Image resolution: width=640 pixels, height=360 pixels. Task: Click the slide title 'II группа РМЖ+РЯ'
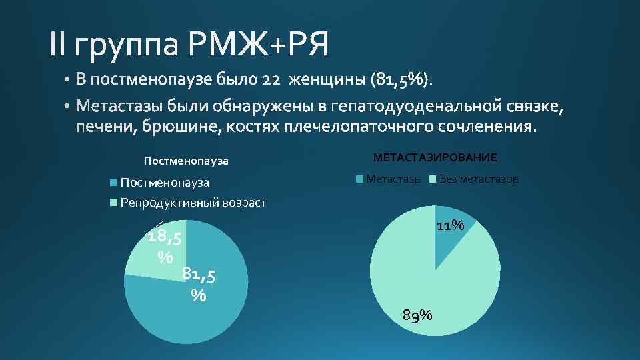pos(189,45)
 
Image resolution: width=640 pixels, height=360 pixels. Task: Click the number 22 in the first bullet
pos(274,80)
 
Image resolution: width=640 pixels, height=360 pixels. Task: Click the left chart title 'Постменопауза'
pos(186,161)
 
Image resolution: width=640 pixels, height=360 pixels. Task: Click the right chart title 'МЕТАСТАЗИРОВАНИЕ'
pos(435,158)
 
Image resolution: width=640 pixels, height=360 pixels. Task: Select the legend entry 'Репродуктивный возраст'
pos(192,203)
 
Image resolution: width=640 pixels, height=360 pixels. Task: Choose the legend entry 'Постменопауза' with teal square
pos(165,183)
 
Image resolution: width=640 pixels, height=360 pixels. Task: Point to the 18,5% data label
pos(166,245)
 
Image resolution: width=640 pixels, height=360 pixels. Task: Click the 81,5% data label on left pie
pos(199,283)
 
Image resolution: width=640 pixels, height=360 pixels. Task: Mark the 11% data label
pos(450,225)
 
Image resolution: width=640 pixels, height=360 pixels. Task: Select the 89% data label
pos(418,314)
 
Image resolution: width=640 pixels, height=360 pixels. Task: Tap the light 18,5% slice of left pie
pos(143,257)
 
